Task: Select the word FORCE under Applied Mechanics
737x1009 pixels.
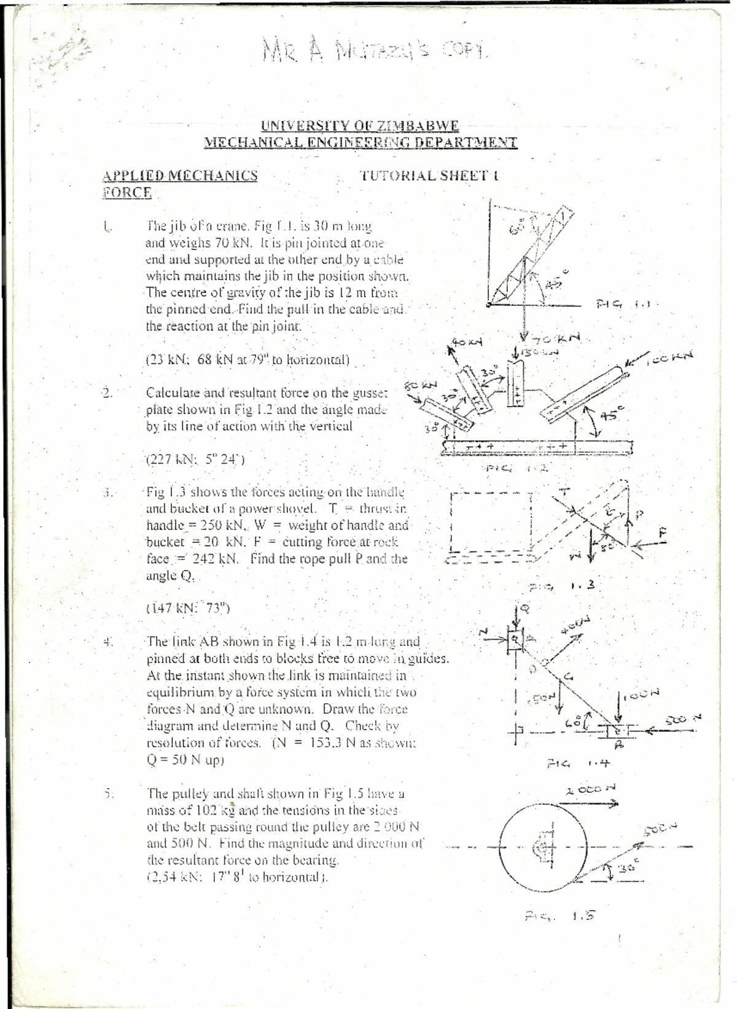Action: pyautogui.click(x=127, y=193)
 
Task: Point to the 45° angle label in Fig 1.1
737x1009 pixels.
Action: pyautogui.click(x=555, y=281)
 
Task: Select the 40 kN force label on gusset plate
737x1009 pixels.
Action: pyautogui.click(x=467, y=341)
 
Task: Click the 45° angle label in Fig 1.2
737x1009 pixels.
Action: pyautogui.click(x=610, y=415)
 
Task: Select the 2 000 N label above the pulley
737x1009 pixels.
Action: pyautogui.click(x=590, y=789)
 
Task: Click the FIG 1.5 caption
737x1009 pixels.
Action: pyautogui.click(x=559, y=916)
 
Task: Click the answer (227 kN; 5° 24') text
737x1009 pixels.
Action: pyautogui.click(x=195, y=459)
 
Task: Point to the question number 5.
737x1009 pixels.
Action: pyautogui.click(x=109, y=793)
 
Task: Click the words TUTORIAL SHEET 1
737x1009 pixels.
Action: pyautogui.click(x=429, y=176)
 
